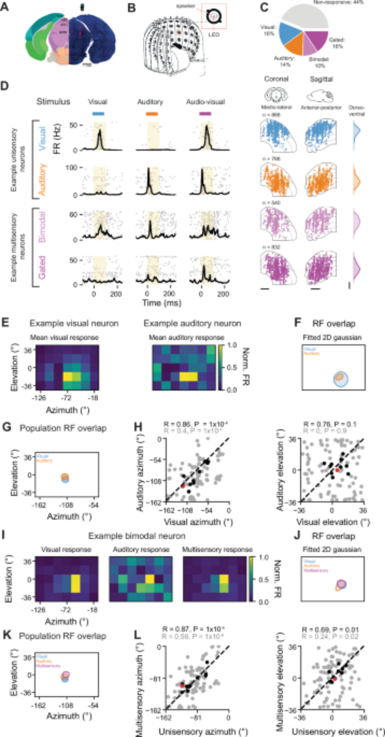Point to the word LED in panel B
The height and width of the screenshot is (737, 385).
214,34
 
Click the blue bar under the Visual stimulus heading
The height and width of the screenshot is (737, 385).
98,114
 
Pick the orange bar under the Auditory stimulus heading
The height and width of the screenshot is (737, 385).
152,114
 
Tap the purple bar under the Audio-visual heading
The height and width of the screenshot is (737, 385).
205,114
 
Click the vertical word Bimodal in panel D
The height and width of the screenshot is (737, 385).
42,226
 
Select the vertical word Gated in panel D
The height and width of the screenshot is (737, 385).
42,267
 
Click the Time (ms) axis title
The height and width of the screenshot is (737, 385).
162,303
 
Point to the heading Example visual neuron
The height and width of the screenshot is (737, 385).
74,324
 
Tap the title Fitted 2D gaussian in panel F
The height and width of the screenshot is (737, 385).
332,338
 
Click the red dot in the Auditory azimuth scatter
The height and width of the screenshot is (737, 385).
183,486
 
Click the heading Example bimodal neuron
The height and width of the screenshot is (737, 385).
137,536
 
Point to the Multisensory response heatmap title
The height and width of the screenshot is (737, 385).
217,549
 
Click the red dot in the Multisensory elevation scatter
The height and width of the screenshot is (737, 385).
335,678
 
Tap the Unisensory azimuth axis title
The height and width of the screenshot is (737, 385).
203,731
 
